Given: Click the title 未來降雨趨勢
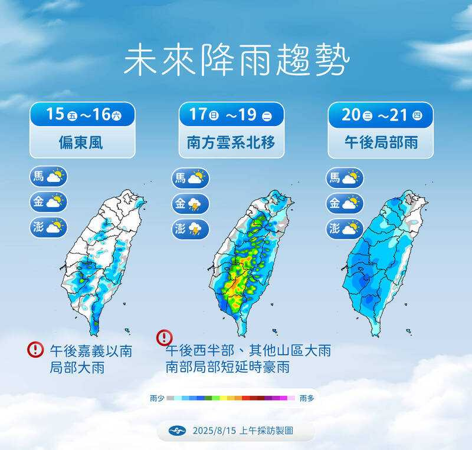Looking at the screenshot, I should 236,60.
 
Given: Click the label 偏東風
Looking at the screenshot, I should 83,143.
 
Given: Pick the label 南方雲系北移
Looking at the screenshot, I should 231,143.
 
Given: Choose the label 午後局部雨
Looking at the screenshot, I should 381,143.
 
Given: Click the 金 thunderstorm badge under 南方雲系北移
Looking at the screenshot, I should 191,204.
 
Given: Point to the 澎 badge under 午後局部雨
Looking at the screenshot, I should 345,229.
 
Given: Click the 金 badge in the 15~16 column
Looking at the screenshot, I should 48,202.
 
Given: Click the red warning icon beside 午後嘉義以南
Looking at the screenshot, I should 35,349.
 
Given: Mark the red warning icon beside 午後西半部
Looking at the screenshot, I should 164,337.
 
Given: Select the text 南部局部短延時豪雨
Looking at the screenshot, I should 230,367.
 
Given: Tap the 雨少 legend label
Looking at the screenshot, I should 158,399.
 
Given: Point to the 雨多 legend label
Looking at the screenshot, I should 307,399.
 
